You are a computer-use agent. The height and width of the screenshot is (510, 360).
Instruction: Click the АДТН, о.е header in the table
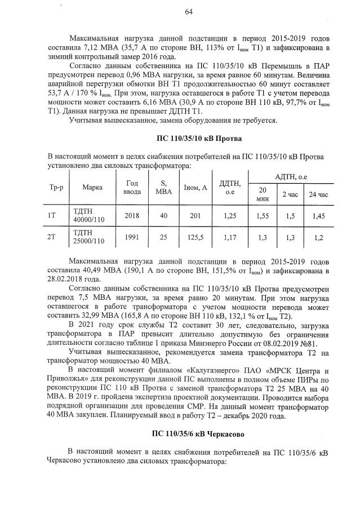point(291,176)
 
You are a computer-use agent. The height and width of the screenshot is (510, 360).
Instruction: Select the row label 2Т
point(51,238)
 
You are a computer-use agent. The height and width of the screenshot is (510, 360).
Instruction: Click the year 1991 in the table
point(132,238)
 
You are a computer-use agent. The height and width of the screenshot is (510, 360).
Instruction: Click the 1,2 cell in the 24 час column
point(318,238)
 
